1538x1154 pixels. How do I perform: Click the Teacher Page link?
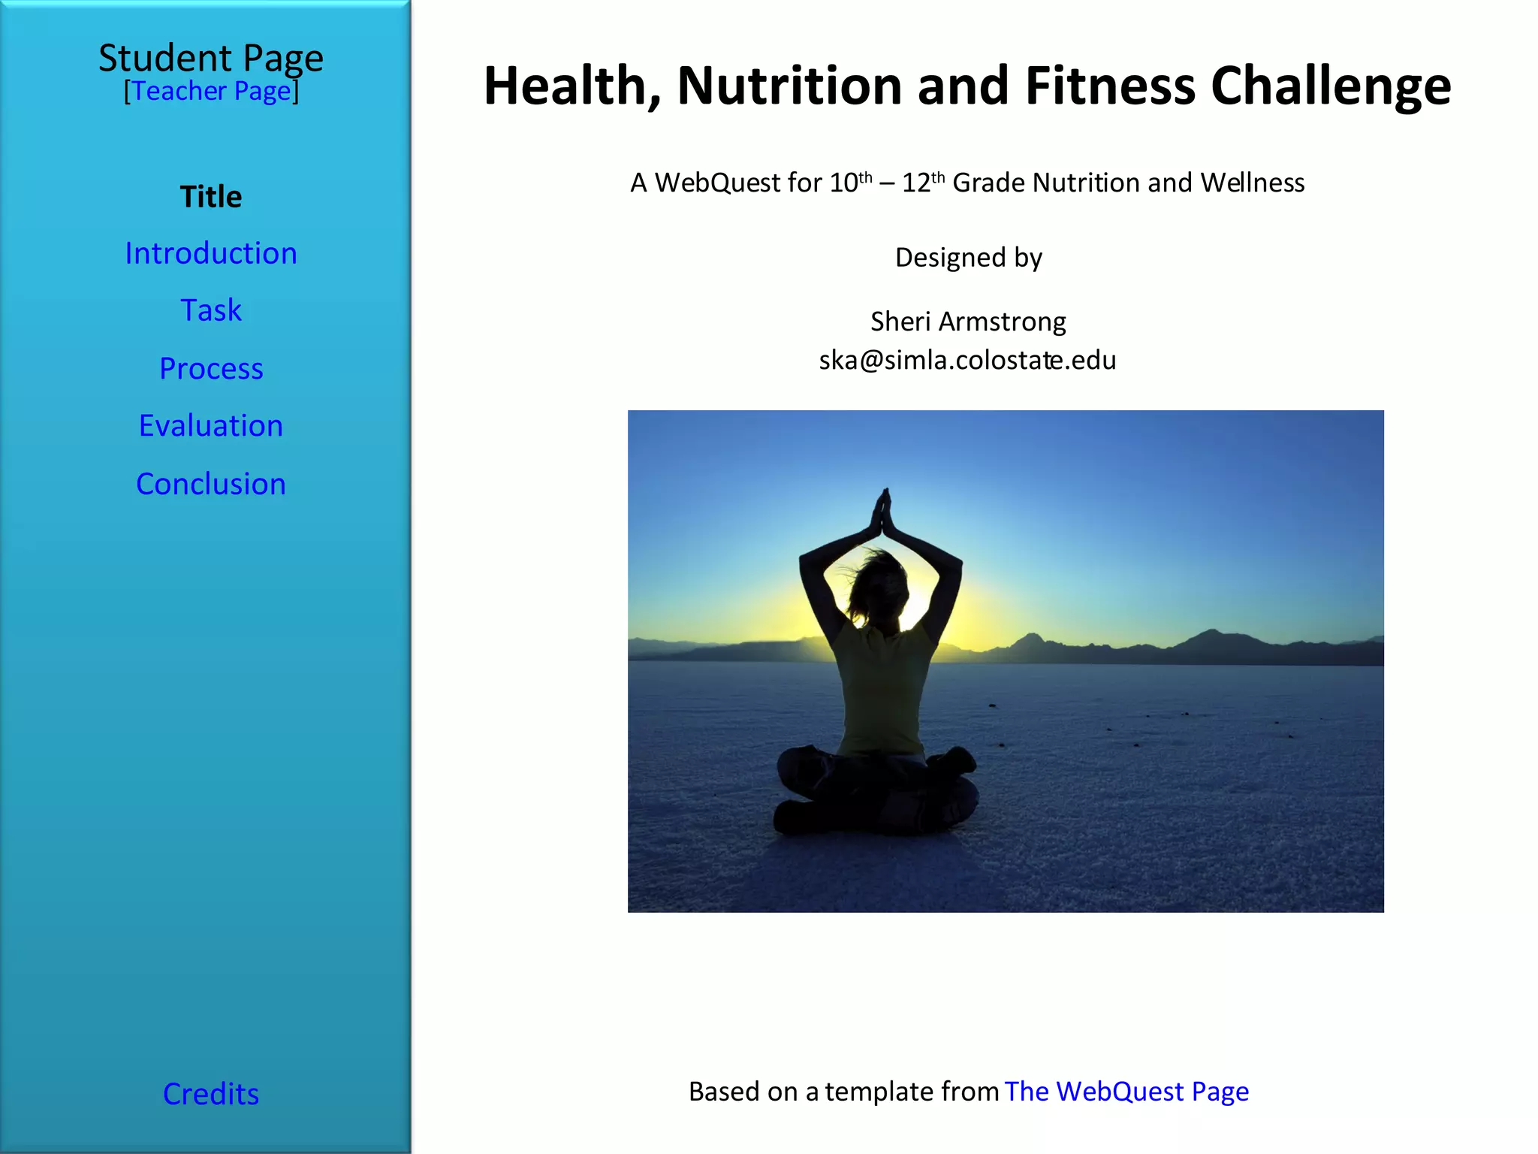click(211, 91)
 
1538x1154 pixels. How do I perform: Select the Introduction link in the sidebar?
click(211, 253)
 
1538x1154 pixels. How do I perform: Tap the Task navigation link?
click(211, 310)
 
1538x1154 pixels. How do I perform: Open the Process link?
click(211, 368)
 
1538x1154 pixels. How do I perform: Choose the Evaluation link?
click(211, 426)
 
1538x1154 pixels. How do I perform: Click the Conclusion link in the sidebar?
click(211, 484)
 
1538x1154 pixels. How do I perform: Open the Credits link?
click(211, 1094)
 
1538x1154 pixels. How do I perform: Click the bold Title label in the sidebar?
click(211, 197)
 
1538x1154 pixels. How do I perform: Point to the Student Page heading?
click(211, 58)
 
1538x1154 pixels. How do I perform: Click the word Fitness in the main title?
click(1110, 86)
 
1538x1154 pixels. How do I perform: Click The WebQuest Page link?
click(1126, 1091)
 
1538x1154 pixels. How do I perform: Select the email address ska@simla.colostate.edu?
click(967, 361)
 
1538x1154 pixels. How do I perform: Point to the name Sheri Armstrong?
click(967, 322)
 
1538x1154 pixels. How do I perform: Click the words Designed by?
click(968, 258)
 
